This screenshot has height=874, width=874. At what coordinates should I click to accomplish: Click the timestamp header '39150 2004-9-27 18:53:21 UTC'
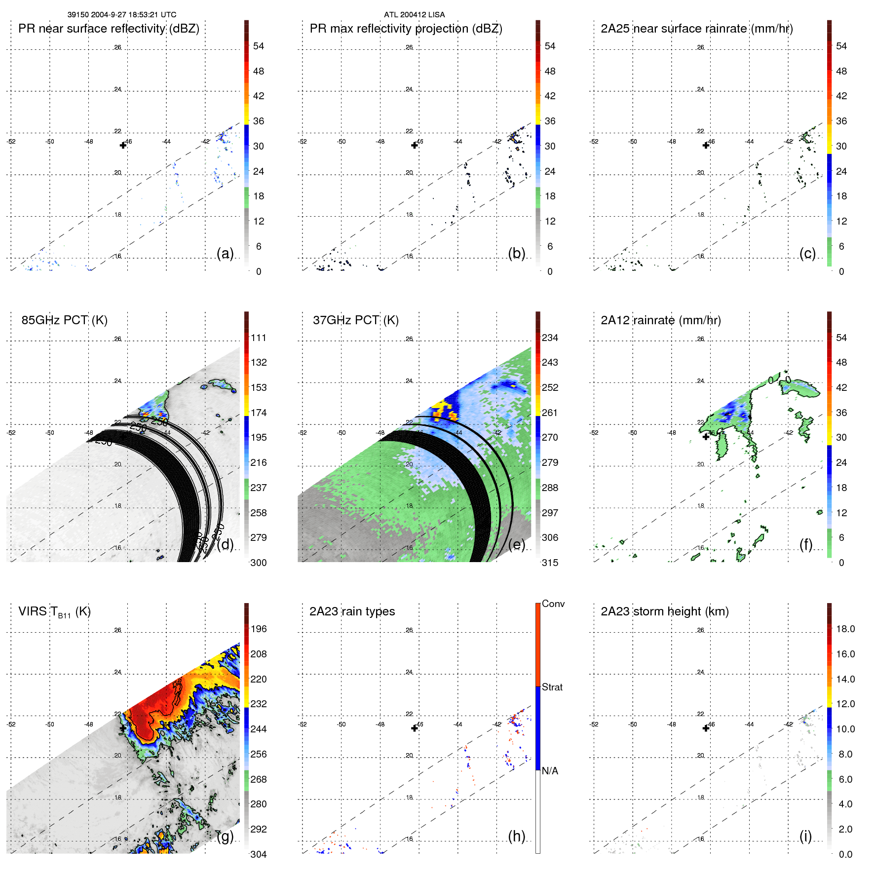[x=121, y=15]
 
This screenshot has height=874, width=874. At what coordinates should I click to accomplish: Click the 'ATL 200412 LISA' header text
[x=414, y=15]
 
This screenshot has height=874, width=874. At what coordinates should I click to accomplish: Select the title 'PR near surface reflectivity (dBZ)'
[x=109, y=29]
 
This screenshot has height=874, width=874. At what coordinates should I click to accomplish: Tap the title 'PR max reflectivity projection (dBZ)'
[x=406, y=29]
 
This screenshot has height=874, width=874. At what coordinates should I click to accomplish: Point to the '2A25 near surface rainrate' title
[x=696, y=29]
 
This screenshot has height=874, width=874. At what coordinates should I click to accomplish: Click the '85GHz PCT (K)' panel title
[x=64, y=320]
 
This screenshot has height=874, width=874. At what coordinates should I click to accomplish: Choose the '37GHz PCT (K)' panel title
[x=355, y=320]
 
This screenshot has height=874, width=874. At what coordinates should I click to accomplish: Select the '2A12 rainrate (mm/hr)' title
[x=660, y=320]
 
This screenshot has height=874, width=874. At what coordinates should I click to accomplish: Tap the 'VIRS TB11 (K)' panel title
[x=54, y=612]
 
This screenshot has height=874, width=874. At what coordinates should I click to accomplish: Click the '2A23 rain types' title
[x=352, y=612]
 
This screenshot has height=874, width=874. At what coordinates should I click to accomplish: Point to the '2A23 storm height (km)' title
[x=664, y=612]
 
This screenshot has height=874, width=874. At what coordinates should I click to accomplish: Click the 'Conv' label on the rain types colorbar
[x=553, y=604]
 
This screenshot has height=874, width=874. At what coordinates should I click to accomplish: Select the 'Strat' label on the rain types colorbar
[x=552, y=687]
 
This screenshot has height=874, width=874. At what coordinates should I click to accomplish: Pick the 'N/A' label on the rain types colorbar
[x=550, y=771]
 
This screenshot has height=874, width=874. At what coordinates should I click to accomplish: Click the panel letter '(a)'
[x=225, y=254]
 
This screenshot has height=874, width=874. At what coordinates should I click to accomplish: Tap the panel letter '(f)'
[x=806, y=545]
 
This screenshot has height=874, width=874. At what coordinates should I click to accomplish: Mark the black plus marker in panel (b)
[x=415, y=145]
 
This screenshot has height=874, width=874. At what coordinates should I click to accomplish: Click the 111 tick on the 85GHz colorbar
[x=258, y=338]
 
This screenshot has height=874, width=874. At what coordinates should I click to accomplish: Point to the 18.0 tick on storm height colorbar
[x=845, y=629]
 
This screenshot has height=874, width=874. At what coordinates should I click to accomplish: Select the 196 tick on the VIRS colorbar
[x=258, y=629]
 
